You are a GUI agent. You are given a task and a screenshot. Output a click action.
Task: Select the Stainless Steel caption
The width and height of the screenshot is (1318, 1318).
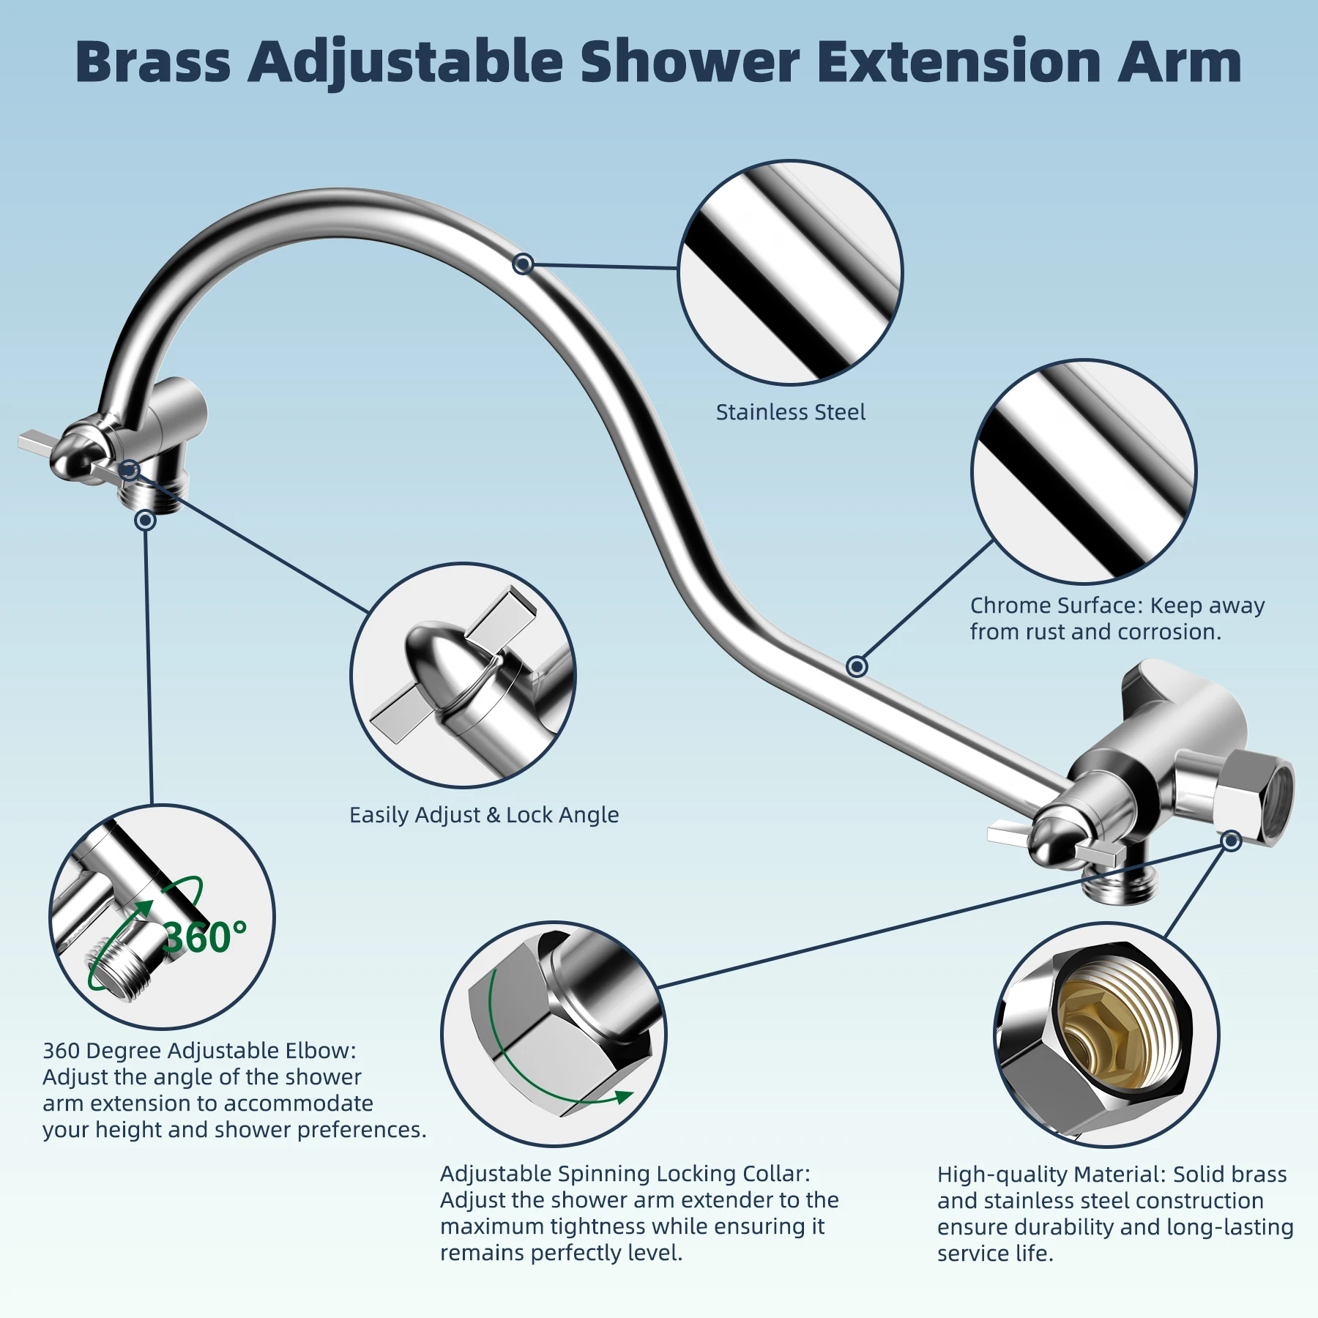coord(790,412)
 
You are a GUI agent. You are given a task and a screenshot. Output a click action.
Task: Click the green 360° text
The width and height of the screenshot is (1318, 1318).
coord(204,937)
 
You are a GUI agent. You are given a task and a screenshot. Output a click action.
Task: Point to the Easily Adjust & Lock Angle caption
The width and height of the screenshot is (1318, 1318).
coord(484,815)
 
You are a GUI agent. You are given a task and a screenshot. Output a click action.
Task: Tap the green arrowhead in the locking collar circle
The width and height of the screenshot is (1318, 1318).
coord(624,1096)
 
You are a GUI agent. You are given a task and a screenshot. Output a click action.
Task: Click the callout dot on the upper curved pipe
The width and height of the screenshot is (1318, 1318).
coord(523,264)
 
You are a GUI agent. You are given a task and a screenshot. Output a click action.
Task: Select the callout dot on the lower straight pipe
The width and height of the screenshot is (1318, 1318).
coord(857,666)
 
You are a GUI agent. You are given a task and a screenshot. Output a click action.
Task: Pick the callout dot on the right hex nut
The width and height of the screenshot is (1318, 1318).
coord(1232,841)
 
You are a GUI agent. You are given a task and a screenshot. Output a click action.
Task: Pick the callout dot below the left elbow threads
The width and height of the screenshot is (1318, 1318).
coord(145,520)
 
